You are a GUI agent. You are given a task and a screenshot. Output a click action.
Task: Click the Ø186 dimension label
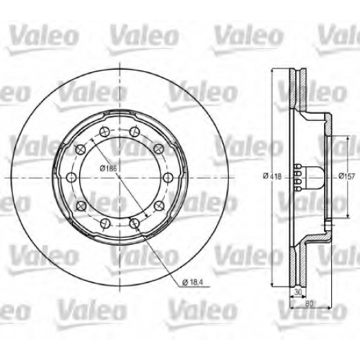pos(108,168)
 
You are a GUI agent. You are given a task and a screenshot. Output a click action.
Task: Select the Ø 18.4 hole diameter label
pos(192,282)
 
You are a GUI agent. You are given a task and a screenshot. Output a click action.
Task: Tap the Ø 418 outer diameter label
pos(272,176)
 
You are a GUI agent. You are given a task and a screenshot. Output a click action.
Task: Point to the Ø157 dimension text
pos(346,176)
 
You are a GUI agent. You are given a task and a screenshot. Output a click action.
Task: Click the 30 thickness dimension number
pos(297,292)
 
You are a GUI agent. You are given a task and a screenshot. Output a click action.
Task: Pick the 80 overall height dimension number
pos(310,304)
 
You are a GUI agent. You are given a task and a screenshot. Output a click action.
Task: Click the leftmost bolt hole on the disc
pos(71,177)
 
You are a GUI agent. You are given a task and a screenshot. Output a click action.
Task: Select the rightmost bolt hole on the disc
pos(168,177)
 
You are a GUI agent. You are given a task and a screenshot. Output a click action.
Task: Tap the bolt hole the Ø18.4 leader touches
pos(135,223)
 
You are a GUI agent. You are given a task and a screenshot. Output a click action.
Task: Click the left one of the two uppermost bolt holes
pos(104,132)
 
